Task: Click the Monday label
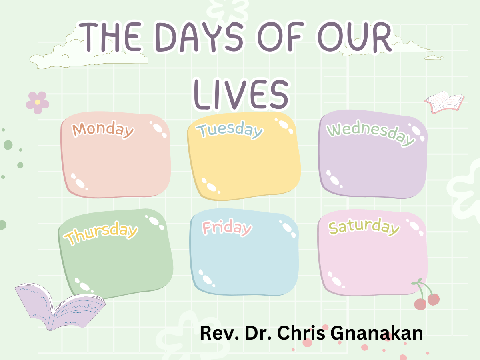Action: [x=103, y=129]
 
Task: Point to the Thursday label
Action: [x=102, y=233]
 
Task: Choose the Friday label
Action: [x=227, y=228]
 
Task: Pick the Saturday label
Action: [x=364, y=227]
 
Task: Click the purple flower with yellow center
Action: [x=37, y=102]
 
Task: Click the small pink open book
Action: [x=444, y=101]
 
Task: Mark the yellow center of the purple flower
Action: [x=37, y=102]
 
